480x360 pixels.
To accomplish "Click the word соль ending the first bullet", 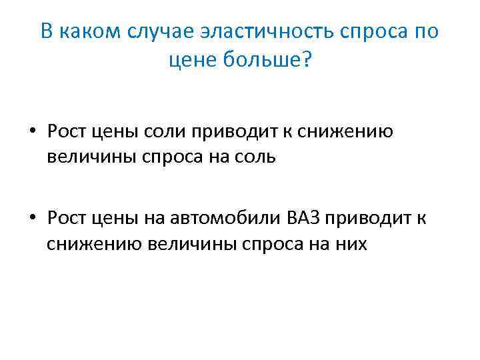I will pos(253,159).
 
